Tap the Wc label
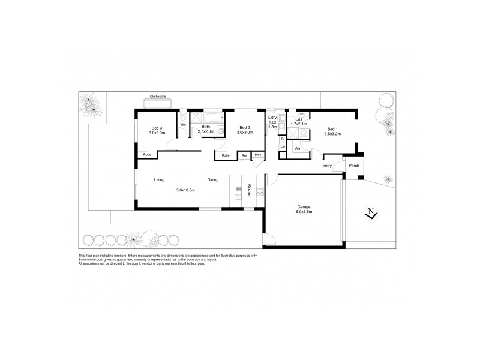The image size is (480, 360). coord(183,125)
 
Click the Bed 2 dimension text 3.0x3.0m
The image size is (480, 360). coord(244,133)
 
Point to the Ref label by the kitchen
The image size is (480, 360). coord(244,156)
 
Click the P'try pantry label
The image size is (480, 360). coord(258,156)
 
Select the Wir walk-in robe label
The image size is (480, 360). coord(296,148)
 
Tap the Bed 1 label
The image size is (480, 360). coord(332,128)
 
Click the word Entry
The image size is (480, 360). coord(327,166)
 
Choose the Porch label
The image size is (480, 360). coord(353,166)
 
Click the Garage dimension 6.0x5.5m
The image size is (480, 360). coord(304,212)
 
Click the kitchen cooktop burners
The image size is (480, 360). coord(260,191)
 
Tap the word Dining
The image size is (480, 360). coord(213,180)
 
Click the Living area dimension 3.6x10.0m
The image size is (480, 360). coord(186,191)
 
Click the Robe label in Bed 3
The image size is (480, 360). coord(147,155)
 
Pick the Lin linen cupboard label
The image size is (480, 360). coord(283,146)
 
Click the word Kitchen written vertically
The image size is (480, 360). coord(248,191)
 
